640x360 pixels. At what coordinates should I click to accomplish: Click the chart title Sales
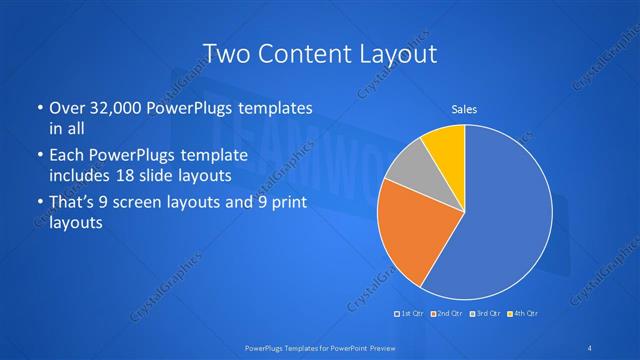tap(464, 108)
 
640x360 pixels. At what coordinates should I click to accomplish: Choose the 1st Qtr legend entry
tap(410, 314)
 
